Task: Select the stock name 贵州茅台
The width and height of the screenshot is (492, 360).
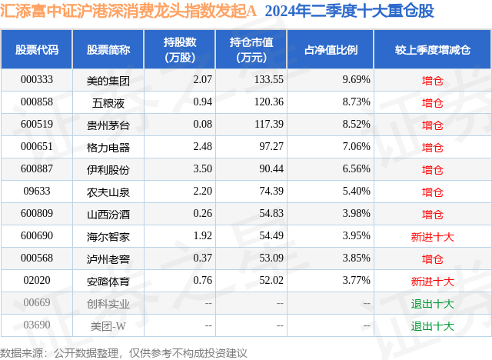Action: (108, 124)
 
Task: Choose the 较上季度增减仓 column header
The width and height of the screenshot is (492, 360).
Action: (433, 48)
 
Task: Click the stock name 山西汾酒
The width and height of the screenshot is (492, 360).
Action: (108, 214)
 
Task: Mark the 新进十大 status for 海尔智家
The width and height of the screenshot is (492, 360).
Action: (433, 236)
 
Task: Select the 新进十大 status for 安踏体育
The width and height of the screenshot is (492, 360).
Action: (433, 281)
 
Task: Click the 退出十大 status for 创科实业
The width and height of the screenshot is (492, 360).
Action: (433, 303)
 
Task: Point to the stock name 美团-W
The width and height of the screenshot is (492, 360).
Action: (108, 325)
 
